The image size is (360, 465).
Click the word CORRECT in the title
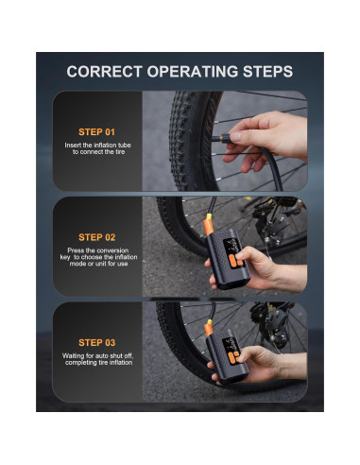(x=104, y=72)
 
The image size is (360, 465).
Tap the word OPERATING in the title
(x=193, y=72)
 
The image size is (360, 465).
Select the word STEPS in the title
(x=268, y=72)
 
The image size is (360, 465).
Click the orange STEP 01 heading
(x=96, y=132)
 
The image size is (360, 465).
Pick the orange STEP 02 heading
(x=97, y=237)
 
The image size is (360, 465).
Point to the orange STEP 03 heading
(x=97, y=342)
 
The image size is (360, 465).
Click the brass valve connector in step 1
(x=224, y=138)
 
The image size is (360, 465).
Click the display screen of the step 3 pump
(x=229, y=345)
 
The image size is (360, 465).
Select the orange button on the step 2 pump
(x=233, y=261)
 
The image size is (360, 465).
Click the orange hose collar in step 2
(x=209, y=226)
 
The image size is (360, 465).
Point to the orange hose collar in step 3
(x=209, y=329)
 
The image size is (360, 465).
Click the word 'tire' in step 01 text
(x=120, y=152)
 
